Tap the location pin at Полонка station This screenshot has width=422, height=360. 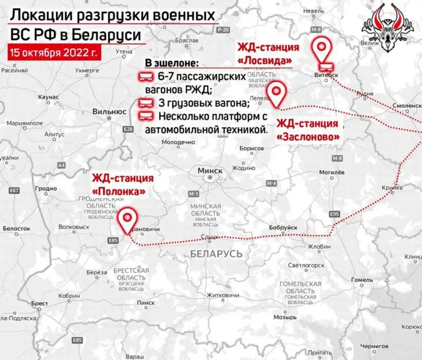click(x=127, y=217)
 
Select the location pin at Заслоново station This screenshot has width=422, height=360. click(x=277, y=93)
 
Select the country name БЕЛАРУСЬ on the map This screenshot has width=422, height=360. click(x=215, y=253)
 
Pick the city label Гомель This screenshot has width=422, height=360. click(x=361, y=280)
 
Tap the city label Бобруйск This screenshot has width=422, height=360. click(x=283, y=227)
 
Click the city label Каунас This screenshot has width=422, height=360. click(x=49, y=97)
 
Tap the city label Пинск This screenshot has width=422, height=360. click(x=146, y=303)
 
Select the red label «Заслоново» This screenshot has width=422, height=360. click(x=309, y=136)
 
